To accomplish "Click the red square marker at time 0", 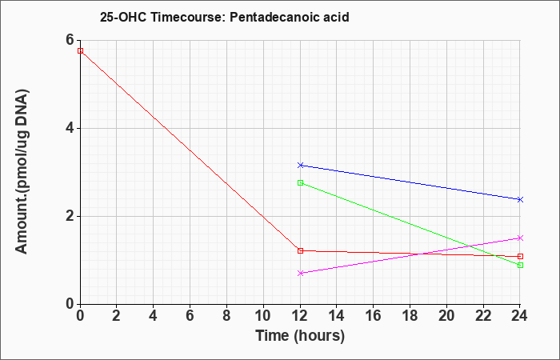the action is coord(80,50).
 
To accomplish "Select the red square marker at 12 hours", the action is coord(300,250).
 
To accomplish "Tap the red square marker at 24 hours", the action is coord(520,257).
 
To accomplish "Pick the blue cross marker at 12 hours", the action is coord(300,165).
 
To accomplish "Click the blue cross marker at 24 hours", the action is coord(520,199).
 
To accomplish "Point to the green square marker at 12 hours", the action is coord(300,183).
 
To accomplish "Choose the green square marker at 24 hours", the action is coord(520,265).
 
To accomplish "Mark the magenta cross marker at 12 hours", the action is coord(300,274).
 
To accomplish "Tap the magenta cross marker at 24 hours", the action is coord(520,238).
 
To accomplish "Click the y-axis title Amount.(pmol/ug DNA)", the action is coord(22,171).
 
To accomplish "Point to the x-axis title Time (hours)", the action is coord(300,336).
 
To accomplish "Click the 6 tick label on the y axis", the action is coord(70,40).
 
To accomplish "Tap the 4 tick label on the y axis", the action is coord(70,128).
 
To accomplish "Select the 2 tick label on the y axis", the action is coord(70,216).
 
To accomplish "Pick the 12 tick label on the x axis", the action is coord(300,316).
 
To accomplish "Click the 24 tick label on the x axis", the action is coord(520,316).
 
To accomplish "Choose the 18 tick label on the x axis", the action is coord(410,316).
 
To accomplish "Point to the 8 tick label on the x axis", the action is coord(226,316).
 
